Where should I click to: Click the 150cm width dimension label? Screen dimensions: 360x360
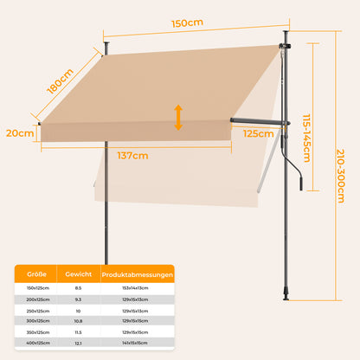coord(187,23)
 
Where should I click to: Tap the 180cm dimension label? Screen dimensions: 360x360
coord(60,81)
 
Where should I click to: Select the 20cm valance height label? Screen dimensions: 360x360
coord(20,133)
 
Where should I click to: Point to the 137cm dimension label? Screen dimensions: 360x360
coord(132,156)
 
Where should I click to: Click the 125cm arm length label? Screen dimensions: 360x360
coord(258,133)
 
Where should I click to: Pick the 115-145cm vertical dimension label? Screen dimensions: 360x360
coord(306,138)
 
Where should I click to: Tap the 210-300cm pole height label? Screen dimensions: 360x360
coord(341,176)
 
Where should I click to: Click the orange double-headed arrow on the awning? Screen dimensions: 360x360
coord(178,118)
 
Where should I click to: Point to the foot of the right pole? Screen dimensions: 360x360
coord(286,296)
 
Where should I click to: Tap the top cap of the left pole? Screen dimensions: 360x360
coord(106,44)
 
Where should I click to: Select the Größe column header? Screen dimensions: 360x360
coord(36,274)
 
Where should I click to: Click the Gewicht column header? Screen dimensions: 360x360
coord(79,274)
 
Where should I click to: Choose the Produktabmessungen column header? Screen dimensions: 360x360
coord(138,274)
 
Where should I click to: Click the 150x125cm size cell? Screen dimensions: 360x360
coord(38,288)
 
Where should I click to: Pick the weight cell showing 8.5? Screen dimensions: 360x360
coord(78,288)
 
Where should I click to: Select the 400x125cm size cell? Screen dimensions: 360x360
coord(38,343)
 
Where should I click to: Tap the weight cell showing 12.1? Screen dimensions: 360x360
coord(78,344)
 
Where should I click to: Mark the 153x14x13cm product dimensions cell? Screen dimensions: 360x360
coord(135,288)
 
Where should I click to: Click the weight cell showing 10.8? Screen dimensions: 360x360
coord(78,321)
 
